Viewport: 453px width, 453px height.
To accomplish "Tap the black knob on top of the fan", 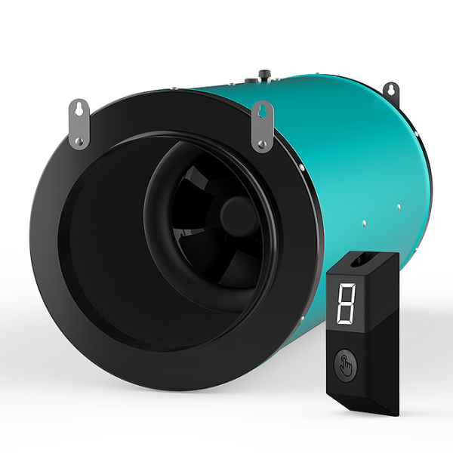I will click(265, 74).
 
